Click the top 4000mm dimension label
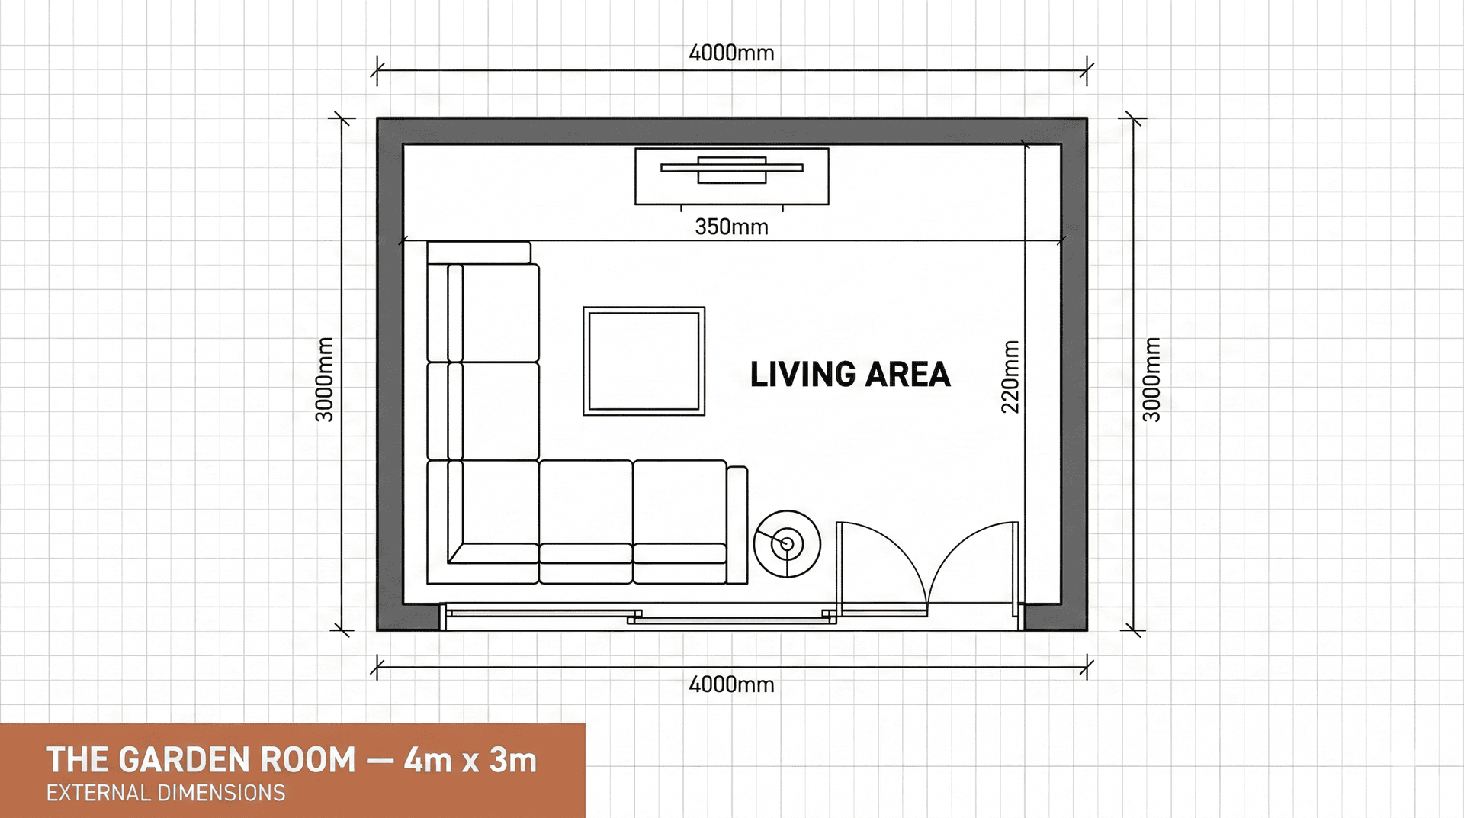[x=731, y=53]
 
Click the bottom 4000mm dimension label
[x=731, y=684]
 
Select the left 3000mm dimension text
[x=325, y=379]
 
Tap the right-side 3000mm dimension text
[x=1151, y=379]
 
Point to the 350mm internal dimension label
[x=731, y=227]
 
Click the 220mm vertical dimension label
[x=1010, y=377]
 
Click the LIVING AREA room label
[x=849, y=375]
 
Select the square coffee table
[x=644, y=361]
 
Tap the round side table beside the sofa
[x=787, y=543]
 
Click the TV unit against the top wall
[x=731, y=176]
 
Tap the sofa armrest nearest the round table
[x=737, y=525]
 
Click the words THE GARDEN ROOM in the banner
[x=201, y=760]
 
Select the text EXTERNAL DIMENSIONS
[x=165, y=794]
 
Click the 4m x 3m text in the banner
[x=470, y=760]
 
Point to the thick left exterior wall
[x=390, y=374]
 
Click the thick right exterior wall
[x=1074, y=374]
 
